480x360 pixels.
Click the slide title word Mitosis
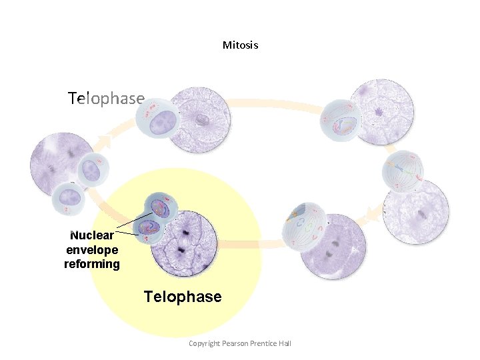(x=240, y=45)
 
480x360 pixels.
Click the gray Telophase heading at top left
(x=106, y=99)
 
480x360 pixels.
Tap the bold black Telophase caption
(x=183, y=297)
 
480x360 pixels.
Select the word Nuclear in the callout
(x=92, y=235)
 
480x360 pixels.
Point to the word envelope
(x=92, y=250)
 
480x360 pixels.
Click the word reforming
(x=92, y=264)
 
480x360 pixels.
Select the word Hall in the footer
(x=284, y=343)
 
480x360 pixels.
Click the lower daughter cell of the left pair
(x=69, y=198)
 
